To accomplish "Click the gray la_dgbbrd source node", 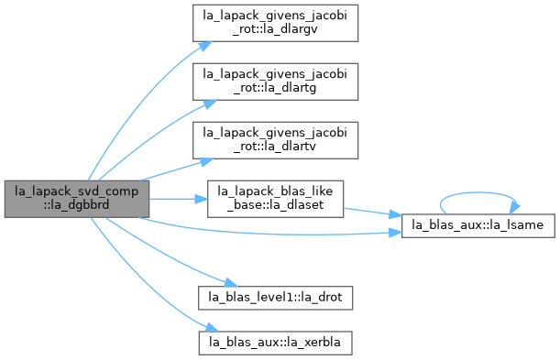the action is (77, 199).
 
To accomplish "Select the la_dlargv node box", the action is (275, 23).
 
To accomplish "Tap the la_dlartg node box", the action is (275, 82).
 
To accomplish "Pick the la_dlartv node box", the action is (275, 140).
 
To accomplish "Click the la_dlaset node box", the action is (275, 199).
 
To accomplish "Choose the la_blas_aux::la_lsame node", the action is (478, 226).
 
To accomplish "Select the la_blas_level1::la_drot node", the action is (275, 298).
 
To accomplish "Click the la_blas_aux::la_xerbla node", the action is (275, 343).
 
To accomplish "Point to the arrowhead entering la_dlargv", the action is (205, 46).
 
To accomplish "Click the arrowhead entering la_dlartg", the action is (210, 104).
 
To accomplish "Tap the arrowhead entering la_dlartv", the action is (206, 161).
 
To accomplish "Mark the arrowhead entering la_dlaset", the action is (201, 199).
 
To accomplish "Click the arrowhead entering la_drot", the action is (231, 283).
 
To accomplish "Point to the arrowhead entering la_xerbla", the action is (212, 327).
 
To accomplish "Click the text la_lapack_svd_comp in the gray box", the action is (76, 191).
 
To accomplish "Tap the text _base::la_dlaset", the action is (275, 205).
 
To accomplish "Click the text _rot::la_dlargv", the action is (275, 29).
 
